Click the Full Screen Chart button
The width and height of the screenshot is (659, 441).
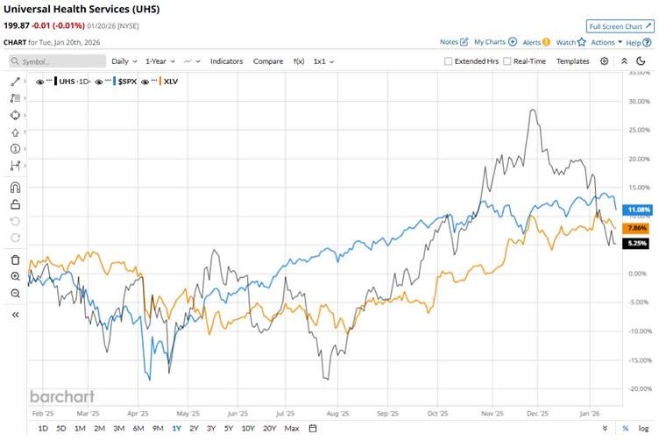(x=620, y=26)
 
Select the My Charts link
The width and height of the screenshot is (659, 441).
(x=495, y=41)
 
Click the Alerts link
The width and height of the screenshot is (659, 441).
(x=535, y=41)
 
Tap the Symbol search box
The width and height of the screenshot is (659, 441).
(x=55, y=61)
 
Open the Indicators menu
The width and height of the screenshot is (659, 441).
(x=226, y=61)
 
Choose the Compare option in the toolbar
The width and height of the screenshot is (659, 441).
(x=268, y=61)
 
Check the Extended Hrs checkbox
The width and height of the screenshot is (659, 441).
(x=449, y=61)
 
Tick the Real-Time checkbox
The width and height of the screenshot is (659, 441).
(x=507, y=61)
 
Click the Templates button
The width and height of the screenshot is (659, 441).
(x=573, y=61)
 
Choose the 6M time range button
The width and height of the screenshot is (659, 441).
(x=138, y=428)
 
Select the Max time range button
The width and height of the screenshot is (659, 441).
(x=292, y=428)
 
